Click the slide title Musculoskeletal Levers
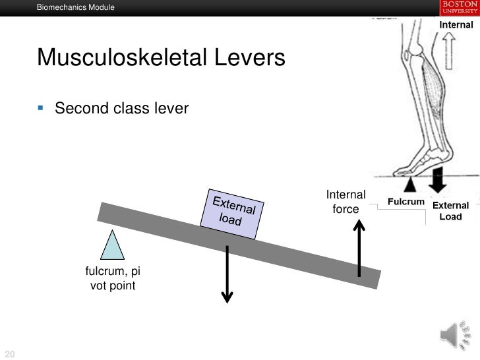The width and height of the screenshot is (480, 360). (162, 59)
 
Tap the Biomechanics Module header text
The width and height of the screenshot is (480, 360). (76, 8)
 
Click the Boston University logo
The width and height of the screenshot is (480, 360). (456, 7)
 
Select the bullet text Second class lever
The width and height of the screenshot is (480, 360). (121, 107)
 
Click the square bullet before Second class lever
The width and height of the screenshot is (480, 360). (43, 107)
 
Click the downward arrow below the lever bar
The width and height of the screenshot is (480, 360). (227, 264)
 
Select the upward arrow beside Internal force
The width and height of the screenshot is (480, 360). (359, 247)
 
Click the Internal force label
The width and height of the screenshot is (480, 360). (345, 202)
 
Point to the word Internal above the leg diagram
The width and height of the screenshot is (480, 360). (456, 25)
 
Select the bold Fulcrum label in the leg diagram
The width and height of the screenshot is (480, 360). (405, 200)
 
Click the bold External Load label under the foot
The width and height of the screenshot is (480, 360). (450, 211)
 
